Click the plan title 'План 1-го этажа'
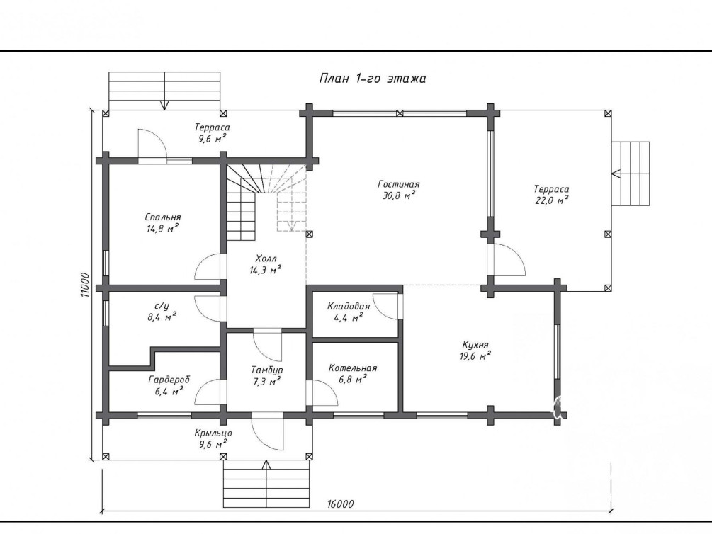click(373, 79)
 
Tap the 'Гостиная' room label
click(399, 184)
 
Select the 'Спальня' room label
click(162, 217)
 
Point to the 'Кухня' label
click(475, 345)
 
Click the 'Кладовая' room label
click(349, 307)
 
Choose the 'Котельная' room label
click(353, 368)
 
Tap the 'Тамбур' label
click(267, 370)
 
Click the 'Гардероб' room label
click(169, 380)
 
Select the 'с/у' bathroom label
click(162, 306)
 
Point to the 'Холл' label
click(266, 259)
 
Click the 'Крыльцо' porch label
click(213, 433)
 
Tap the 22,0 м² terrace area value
click(552, 200)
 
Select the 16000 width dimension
click(340, 504)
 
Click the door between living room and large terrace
click(507, 260)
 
